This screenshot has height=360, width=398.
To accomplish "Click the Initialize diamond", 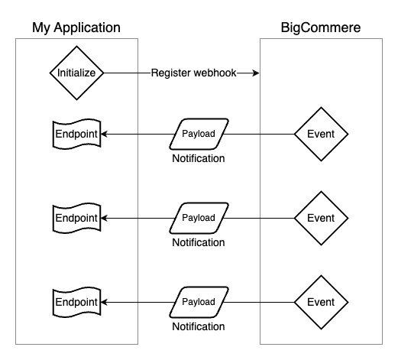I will [x=76, y=73].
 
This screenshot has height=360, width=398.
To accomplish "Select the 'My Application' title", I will [x=76, y=28].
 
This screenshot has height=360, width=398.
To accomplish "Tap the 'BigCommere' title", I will [x=321, y=28].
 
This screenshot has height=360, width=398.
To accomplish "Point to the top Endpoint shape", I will [x=76, y=134].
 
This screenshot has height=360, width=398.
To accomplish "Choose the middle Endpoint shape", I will [x=76, y=218].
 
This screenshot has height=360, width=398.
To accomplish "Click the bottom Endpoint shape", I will [x=76, y=302].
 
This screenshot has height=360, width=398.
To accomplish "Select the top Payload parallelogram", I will [x=199, y=134].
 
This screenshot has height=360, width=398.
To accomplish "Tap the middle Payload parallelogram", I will [x=199, y=218].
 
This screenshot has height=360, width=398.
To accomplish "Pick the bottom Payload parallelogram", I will [x=199, y=302].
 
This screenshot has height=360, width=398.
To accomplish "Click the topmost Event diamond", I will [x=321, y=134].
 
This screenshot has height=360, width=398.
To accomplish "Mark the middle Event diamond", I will [x=321, y=218].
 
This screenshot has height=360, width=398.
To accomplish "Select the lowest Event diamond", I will [x=321, y=302].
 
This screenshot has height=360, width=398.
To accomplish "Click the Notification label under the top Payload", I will [x=199, y=159].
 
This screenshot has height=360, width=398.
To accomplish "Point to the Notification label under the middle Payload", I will [x=199, y=243].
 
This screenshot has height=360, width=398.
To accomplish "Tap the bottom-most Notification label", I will [x=199, y=327].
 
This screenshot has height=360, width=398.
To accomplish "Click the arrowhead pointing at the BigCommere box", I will [x=256, y=73].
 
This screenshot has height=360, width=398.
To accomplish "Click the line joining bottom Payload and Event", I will [x=260, y=302].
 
